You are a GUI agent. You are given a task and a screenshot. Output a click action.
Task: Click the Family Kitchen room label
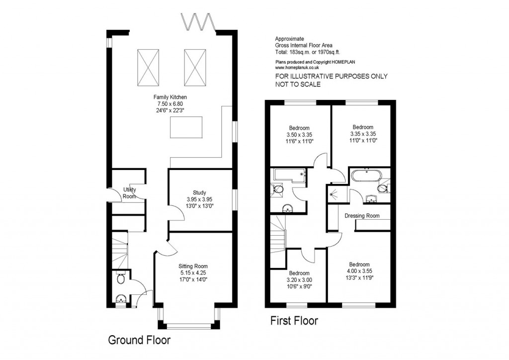click(170, 97)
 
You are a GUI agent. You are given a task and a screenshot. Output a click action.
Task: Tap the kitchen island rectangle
click(186, 127)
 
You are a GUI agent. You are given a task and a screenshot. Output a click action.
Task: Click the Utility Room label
click(130, 193)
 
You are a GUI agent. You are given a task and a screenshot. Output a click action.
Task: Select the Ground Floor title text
click(139, 341)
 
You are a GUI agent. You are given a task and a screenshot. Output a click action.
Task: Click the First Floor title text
click(294, 321)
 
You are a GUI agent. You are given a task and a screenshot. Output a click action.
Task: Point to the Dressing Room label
click(362, 216)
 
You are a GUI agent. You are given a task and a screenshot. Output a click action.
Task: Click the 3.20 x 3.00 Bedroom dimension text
click(299, 280)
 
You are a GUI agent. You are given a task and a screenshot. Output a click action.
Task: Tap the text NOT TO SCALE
click(298, 85)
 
